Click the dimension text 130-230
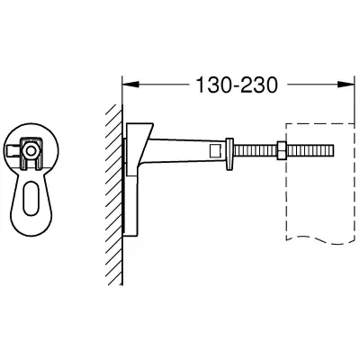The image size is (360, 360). [x=237, y=85]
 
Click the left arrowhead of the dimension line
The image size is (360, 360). [x=130, y=85]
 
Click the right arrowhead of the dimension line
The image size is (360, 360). [x=346, y=85]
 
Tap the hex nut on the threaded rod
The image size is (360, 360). [x=282, y=150]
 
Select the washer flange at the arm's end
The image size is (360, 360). [x=229, y=155]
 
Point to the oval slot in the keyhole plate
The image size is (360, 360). [x=29, y=197]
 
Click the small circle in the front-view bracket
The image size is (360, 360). [x=30, y=151]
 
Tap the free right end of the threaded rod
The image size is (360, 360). [x=333, y=150]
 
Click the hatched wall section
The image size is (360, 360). [x=115, y=194]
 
